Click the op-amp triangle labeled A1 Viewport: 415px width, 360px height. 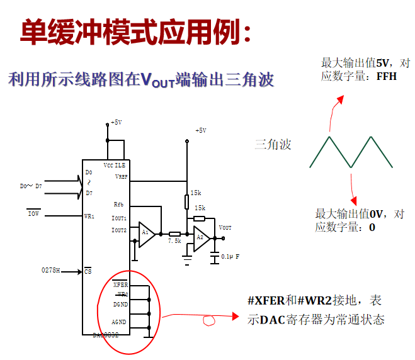[146, 233]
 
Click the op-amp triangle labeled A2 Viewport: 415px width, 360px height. [201, 238]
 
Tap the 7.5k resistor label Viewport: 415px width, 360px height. [174, 241]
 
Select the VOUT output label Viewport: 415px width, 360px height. [225, 227]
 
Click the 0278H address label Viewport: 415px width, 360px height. [51, 270]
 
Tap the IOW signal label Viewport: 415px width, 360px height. [34, 214]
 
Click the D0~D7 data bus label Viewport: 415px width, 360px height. [31, 186]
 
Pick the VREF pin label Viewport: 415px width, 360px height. [120, 177]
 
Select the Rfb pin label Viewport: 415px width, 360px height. [119, 205]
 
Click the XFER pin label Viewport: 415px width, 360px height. [120, 285]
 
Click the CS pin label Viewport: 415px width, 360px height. [88, 271]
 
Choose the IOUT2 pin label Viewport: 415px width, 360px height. [119, 230]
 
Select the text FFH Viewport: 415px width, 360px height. [386, 77]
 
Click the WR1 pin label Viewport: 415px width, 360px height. [89, 216]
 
